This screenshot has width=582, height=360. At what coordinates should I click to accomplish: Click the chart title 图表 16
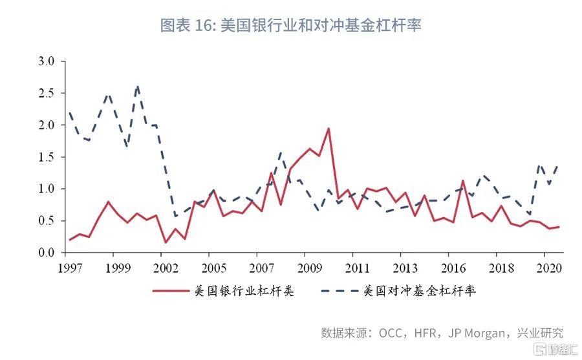click(x=290, y=25)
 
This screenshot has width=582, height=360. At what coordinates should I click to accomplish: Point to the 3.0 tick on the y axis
click(x=51, y=61)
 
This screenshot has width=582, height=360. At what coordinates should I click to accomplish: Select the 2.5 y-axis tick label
click(x=51, y=93)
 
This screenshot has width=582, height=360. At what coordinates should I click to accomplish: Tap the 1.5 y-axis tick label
click(x=51, y=157)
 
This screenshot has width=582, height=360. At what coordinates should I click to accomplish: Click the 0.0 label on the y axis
click(x=51, y=253)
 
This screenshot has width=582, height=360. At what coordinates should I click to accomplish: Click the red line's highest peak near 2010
click(x=329, y=128)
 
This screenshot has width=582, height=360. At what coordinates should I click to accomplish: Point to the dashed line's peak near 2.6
click(x=138, y=87)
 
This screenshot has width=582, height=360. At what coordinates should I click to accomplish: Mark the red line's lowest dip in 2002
click(x=165, y=243)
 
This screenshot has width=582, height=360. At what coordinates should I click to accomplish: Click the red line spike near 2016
click(x=463, y=181)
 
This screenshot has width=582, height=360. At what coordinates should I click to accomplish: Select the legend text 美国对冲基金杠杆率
click(x=420, y=291)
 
